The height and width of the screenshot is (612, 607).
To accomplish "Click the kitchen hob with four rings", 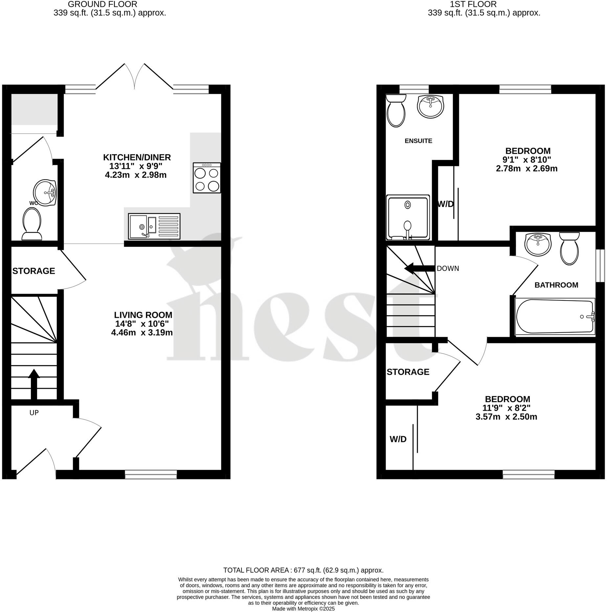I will coord(207,178).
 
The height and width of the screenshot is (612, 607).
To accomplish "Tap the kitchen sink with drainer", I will coord(154,226).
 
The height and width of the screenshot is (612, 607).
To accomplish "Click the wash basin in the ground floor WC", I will coord(45,192).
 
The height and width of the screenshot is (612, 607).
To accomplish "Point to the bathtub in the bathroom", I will coord(555,317).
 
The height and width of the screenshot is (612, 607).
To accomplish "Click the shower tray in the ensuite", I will coord(408,217).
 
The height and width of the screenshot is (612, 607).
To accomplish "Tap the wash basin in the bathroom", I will coord(538,244).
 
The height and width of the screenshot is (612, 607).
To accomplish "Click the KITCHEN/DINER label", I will coord(137,157).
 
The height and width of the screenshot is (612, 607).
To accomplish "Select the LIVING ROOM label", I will coord(143,315).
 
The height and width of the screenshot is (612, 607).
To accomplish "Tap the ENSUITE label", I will coord(418,141).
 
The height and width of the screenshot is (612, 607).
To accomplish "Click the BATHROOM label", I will coord(556,285).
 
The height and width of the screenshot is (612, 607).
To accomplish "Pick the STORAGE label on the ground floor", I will coord(34,271).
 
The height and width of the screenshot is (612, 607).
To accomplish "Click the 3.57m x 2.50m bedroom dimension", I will coord(506,417).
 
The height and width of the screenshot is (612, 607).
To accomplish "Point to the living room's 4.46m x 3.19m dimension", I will coord(142,333).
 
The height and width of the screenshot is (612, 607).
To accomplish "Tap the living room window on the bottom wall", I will coord(151,474).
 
